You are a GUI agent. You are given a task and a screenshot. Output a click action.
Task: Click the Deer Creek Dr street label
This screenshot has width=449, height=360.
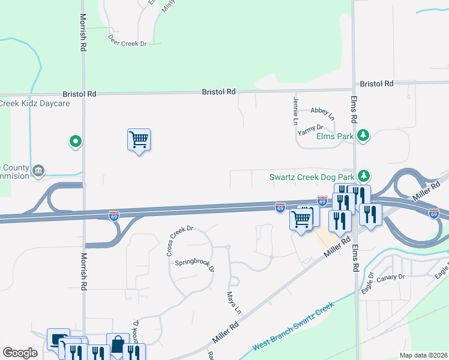coord(127,43)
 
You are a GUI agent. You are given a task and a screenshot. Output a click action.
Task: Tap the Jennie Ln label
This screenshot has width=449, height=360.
coord(296,110)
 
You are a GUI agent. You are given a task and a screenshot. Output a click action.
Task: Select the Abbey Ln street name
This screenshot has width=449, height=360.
coord(322,111)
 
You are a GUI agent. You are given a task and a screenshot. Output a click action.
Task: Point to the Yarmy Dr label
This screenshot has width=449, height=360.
coord(311,128)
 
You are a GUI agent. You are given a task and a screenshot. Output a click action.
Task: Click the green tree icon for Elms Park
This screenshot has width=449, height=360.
coord(363,136)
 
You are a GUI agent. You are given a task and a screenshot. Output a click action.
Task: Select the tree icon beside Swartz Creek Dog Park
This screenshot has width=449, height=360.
coord(363,176)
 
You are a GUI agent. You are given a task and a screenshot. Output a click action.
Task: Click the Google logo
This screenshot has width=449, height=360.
coord(20,353)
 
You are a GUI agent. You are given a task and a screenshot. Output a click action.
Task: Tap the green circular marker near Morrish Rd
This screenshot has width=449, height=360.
coord(76,142)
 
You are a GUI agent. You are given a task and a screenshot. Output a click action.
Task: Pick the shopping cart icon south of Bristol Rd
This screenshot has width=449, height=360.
coord(139,140)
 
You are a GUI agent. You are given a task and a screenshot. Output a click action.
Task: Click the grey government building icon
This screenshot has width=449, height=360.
coord(39,170)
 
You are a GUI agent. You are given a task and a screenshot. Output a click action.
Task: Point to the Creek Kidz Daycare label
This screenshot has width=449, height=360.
coord(35,104)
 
